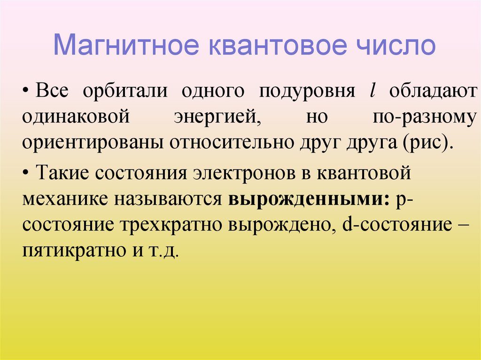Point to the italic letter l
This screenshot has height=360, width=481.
pos(372,91)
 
